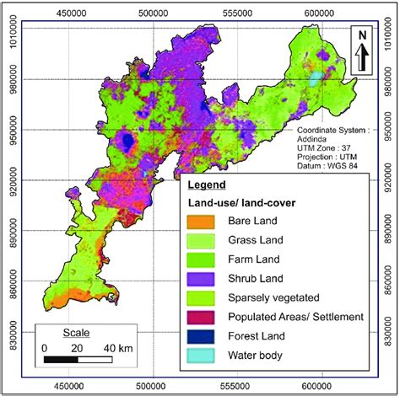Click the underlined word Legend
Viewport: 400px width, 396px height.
click(206, 185)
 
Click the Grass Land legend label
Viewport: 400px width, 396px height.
click(255, 240)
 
